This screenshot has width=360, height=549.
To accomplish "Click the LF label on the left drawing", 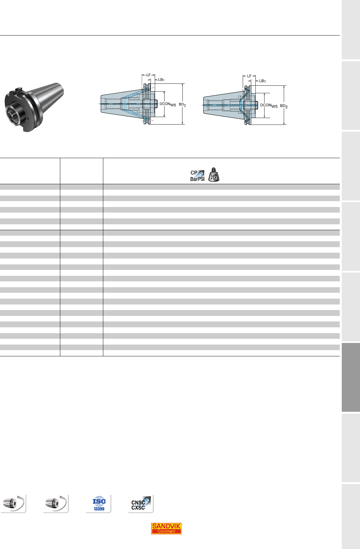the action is (149, 75).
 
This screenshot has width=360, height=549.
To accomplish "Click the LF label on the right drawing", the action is (249, 76).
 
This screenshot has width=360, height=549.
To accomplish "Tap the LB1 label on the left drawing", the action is (161, 80).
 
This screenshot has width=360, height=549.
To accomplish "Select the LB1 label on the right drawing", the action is (262, 81).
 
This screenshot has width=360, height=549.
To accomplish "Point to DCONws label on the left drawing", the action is (168, 104).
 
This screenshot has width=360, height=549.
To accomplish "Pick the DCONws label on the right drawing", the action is (269, 105).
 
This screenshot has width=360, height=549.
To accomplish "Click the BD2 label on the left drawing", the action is (182, 105).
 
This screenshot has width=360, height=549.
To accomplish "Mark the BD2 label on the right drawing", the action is (284, 106).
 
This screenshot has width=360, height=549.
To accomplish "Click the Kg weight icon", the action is (214, 175).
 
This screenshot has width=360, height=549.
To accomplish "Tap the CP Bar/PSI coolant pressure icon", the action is (197, 176).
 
